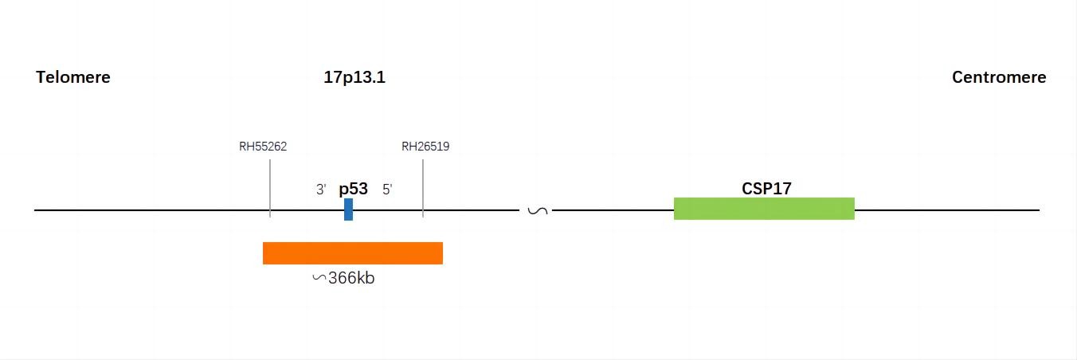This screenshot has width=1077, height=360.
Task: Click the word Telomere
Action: point(73,77)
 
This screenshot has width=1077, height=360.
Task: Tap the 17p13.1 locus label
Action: point(354,77)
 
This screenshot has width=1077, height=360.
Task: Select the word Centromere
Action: point(999,77)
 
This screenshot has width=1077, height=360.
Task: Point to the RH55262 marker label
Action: point(263,146)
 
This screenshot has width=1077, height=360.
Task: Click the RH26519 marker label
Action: point(425,146)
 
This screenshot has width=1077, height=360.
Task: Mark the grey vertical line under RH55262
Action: point(270,188)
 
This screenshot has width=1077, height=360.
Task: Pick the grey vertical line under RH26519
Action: point(423,188)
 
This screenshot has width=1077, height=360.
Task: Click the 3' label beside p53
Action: point(321,190)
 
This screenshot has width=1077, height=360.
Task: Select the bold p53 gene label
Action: point(354,189)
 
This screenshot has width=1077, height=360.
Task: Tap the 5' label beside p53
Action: point(387,190)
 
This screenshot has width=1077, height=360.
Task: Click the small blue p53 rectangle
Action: point(349,209)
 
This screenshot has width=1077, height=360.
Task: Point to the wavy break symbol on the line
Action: point(538,210)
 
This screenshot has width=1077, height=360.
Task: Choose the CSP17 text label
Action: point(766,189)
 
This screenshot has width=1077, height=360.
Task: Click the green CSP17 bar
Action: point(764,209)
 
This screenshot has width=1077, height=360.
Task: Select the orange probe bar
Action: point(353,253)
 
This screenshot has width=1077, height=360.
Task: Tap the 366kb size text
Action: point(351,278)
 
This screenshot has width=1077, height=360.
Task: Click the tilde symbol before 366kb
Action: point(319,277)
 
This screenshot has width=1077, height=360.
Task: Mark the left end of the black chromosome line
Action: point(34,210)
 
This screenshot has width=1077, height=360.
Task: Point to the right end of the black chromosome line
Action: point(1040,210)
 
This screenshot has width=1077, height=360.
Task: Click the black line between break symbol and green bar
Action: point(613,210)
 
